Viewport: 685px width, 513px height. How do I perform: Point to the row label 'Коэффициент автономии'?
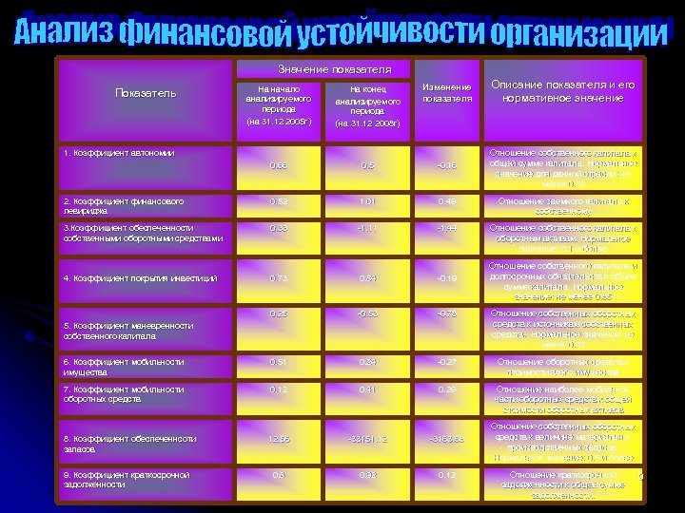coord(119,152)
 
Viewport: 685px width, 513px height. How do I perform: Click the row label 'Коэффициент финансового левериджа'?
coord(123,206)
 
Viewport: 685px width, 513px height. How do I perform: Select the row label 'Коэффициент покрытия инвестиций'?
coord(140,278)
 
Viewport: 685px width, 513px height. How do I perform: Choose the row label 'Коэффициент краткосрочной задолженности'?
coord(127,479)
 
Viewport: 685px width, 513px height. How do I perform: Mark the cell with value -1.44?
coord(446,228)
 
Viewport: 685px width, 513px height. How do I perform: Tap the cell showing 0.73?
coord(278,278)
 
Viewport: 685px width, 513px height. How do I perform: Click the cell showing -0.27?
coord(446,361)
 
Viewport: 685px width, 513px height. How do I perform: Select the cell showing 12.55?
coord(278,438)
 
